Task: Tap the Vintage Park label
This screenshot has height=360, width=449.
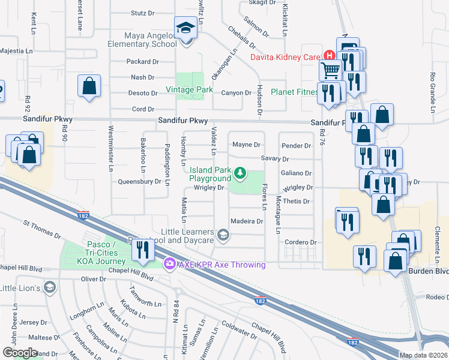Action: point(190,90)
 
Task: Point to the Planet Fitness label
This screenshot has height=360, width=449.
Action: point(294,92)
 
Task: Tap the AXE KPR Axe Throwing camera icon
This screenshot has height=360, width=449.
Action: point(170,264)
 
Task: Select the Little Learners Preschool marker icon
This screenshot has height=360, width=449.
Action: point(223,235)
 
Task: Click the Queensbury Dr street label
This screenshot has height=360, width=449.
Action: point(140,181)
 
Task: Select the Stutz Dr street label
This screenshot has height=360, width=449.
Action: point(142,13)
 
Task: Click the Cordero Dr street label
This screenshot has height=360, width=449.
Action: point(301,242)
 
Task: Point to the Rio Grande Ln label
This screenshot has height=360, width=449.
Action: point(432,87)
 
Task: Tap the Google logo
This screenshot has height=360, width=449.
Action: point(20,353)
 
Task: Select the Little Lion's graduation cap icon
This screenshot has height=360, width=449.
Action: point(50,288)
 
